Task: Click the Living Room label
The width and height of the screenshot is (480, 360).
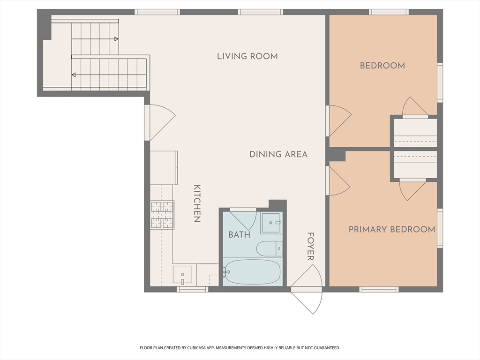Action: [247, 56]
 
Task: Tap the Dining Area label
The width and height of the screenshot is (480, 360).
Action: [278, 154]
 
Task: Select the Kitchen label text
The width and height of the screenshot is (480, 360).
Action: [197, 203]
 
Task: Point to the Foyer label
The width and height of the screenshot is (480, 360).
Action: [311, 247]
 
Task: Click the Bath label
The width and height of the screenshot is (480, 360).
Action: [240, 235]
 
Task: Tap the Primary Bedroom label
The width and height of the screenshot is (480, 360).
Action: [392, 229]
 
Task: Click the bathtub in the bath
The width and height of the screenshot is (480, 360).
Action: [252, 272]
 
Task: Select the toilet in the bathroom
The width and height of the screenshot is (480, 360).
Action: [270, 248]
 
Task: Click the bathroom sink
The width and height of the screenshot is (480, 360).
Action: [271, 223]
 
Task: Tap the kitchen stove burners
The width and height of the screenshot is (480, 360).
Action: [162, 215]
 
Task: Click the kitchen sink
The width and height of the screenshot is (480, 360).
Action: [182, 275]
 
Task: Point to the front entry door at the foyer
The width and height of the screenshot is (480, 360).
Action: [307, 289]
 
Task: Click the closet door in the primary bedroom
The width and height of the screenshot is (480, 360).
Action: [412, 190]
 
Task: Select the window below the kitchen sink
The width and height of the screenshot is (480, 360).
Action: [193, 289]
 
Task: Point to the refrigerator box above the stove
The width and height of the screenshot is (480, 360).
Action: [164, 168]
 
